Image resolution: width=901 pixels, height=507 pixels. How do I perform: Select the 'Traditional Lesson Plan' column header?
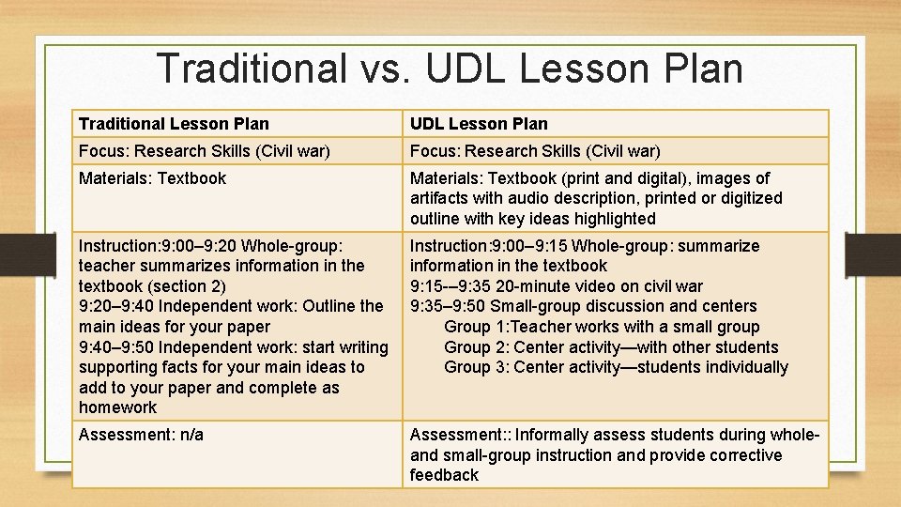pyautogui.click(x=174, y=123)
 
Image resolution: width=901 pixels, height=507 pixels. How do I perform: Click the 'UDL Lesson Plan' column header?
pyautogui.click(x=479, y=123)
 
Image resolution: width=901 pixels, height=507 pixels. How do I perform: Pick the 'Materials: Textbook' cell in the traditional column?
pyautogui.click(x=152, y=177)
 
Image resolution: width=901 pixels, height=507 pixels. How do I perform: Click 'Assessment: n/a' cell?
pyautogui.click(x=141, y=435)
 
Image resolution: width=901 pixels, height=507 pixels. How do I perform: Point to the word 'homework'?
pyautogui.click(x=118, y=407)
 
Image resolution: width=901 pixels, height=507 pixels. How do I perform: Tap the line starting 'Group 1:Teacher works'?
pyautogui.click(x=602, y=327)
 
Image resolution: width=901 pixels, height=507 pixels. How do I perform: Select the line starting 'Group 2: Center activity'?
pyautogui.click(x=611, y=347)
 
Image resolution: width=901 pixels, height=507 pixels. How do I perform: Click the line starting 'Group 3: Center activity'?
pyautogui.click(x=616, y=367)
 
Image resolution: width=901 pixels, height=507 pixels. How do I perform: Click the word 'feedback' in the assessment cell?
pyautogui.click(x=444, y=475)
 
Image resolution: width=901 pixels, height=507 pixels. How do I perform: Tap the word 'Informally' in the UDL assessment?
pyautogui.click(x=555, y=435)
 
